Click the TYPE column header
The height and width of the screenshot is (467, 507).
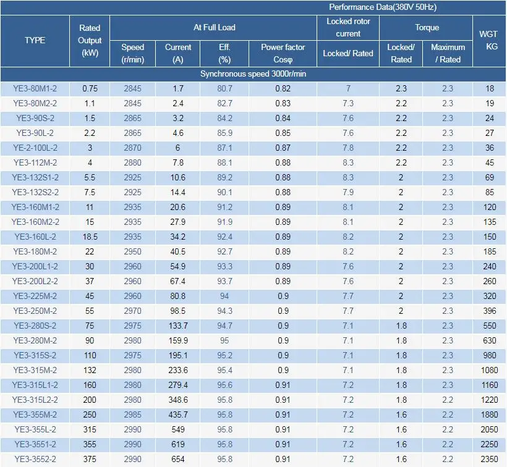(35, 40)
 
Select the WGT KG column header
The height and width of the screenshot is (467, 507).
(488, 40)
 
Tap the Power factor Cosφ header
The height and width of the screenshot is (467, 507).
(283, 53)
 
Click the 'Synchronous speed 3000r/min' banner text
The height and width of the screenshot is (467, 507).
(253, 74)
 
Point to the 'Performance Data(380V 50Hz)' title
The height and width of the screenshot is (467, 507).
(383, 7)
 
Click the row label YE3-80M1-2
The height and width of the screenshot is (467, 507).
(35, 88)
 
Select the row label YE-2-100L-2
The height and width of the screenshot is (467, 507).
(35, 148)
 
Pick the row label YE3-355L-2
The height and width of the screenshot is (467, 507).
(35, 429)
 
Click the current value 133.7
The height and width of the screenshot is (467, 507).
(178, 326)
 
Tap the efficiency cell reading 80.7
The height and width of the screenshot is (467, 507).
(224, 88)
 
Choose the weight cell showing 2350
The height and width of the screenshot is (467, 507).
(489, 459)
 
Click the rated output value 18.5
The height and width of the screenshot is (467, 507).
(90, 237)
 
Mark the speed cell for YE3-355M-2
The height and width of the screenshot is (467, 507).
(132, 414)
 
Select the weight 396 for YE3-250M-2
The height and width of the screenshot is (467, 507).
(490, 311)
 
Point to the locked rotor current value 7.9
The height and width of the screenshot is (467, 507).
(348, 192)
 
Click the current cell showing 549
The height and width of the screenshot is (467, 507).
(178, 429)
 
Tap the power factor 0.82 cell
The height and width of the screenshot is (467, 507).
(283, 88)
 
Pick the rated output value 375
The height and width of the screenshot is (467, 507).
(90, 459)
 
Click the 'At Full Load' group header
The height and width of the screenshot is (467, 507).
(215, 27)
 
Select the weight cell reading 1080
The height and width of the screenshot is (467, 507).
(489, 370)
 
